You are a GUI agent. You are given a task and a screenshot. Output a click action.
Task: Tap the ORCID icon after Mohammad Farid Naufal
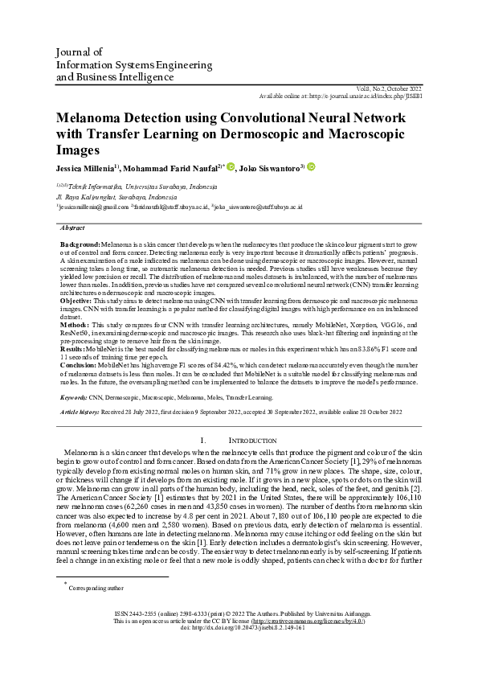coord(230,167)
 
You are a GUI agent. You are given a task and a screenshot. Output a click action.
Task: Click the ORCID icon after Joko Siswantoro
coord(310,167)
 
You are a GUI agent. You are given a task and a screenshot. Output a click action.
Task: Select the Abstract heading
coord(72,228)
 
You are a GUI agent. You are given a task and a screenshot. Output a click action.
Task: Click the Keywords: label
coord(74,397)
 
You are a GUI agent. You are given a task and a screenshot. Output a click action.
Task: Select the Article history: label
coord(80,412)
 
